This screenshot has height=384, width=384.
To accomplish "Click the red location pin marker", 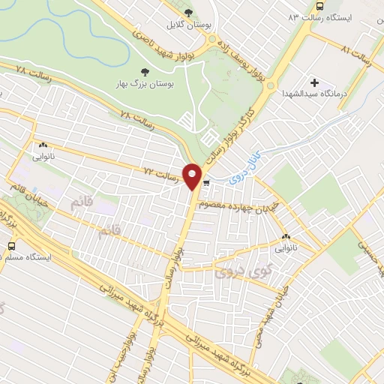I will [x=193, y=176].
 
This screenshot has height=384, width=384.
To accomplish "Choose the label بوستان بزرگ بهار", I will [x=145, y=85].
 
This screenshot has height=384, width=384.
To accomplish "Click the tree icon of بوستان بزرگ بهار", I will [x=145, y=72].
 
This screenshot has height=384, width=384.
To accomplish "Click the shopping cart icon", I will [x=206, y=182].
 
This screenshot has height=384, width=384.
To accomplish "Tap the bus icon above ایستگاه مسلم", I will [x=12, y=245].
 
